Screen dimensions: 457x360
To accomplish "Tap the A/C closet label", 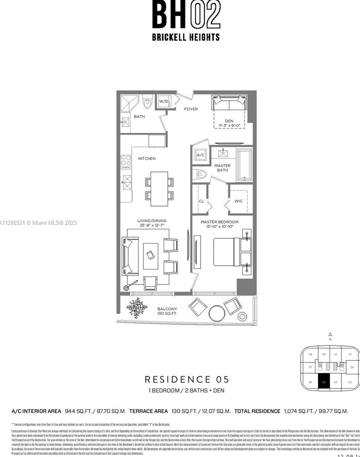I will click(x=200, y=155).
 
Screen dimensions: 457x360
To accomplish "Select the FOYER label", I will click(x=191, y=109).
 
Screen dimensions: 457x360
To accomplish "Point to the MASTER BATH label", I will click(x=222, y=168).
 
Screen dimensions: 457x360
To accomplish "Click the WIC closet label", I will click(x=239, y=201).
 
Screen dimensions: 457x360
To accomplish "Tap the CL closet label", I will click(x=201, y=201).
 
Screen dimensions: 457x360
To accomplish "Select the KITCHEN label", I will click(x=147, y=158).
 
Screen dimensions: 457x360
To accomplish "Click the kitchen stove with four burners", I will click(x=126, y=162).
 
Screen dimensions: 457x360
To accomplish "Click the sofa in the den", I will click(x=229, y=103).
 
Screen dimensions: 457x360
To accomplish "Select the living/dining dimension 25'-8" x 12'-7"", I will click(x=152, y=225).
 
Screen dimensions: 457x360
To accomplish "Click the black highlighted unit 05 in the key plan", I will click(x=324, y=382).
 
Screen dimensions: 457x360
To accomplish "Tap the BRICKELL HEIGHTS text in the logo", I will click(x=186, y=37).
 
